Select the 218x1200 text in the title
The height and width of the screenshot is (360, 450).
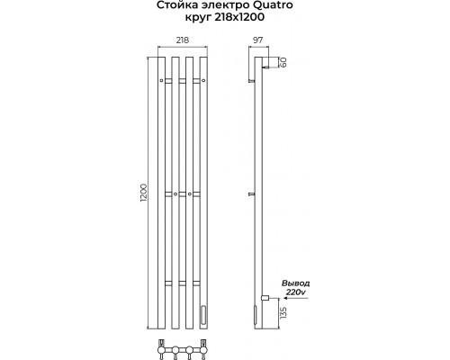[239, 17]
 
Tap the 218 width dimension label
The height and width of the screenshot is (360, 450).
[183, 40]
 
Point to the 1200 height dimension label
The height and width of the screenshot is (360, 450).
[143, 193]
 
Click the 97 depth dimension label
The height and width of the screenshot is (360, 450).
[257, 40]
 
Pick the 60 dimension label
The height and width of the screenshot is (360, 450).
[283, 62]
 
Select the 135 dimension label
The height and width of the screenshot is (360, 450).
[283, 313]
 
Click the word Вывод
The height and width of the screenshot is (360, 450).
[295, 283]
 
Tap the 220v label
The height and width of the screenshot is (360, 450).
[295, 292]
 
